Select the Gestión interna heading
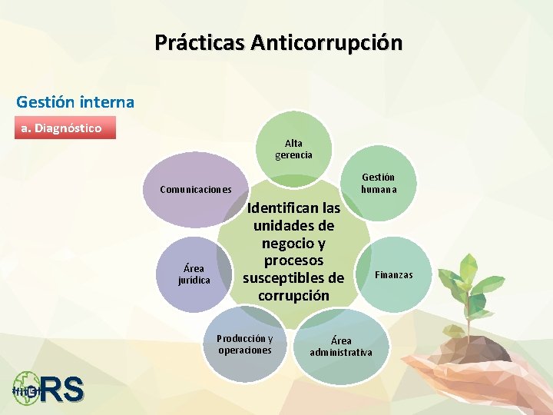tap(75, 101)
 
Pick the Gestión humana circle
tap(378, 183)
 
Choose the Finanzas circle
tap(393, 274)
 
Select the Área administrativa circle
tap(340, 347)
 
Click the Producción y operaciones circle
tap(244, 344)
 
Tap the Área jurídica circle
tap(194, 274)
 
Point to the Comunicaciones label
tap(196, 189)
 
